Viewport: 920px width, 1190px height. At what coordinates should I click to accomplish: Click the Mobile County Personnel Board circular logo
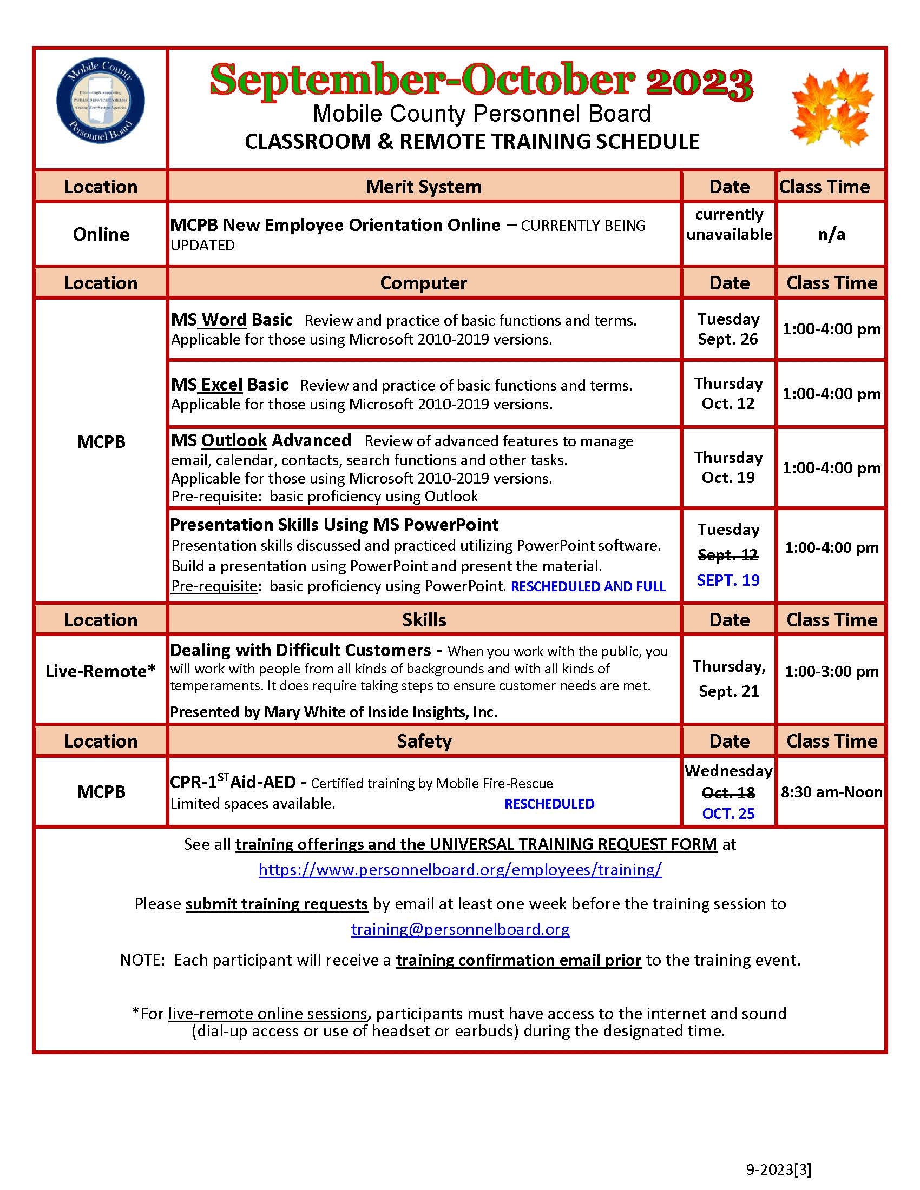(x=101, y=102)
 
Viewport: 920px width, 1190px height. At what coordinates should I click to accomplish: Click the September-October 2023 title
(x=481, y=81)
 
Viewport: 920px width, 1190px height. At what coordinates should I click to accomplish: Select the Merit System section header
(x=424, y=187)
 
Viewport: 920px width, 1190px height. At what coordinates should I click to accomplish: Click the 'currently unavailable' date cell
(x=729, y=224)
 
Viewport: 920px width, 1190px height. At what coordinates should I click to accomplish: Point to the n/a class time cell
(x=831, y=234)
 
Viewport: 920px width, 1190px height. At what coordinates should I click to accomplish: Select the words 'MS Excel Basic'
(x=229, y=385)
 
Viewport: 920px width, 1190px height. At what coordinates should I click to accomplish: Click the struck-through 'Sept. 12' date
(x=728, y=554)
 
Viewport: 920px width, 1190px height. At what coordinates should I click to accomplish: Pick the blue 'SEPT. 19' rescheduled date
(x=728, y=580)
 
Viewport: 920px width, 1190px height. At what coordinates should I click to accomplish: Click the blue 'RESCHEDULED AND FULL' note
(x=588, y=586)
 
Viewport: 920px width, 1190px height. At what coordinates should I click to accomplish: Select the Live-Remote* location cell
(x=101, y=671)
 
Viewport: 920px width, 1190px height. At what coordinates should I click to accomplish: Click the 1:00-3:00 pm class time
(x=831, y=671)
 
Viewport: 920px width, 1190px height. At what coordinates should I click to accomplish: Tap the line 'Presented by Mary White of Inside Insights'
(x=333, y=712)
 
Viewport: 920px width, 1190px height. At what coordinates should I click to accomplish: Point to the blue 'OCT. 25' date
(x=728, y=814)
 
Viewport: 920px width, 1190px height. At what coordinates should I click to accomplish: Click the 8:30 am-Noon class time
(x=831, y=792)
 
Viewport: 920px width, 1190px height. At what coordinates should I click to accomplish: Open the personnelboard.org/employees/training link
(x=460, y=870)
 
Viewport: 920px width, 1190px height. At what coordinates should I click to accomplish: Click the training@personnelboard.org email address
(x=460, y=929)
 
